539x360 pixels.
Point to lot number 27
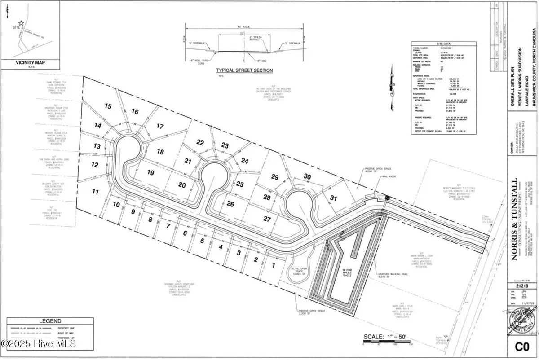point(267,219)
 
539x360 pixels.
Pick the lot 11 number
point(95,192)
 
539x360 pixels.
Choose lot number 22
point(200,142)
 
